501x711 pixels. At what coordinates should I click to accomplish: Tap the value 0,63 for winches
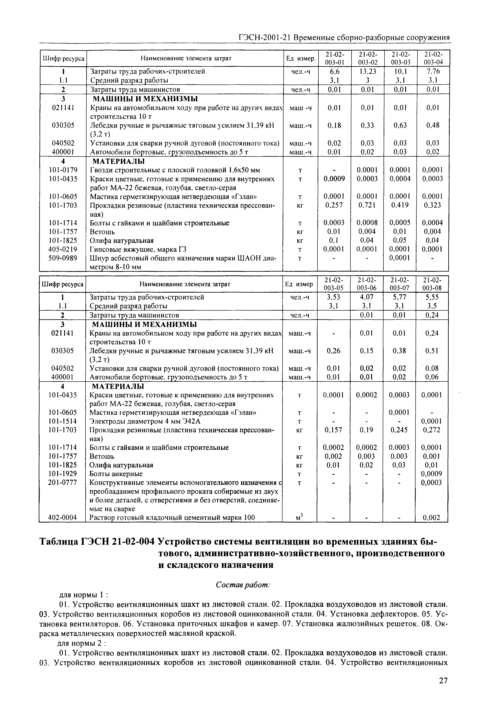pyautogui.click(x=400, y=125)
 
